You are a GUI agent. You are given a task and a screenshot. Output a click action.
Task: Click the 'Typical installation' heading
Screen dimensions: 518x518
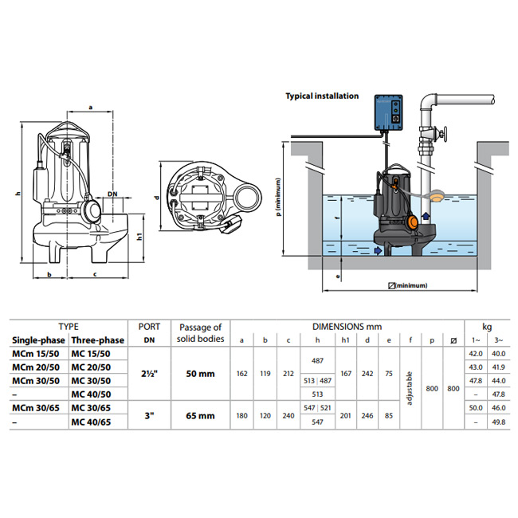(322, 96)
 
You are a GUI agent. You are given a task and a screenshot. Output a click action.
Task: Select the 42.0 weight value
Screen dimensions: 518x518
(476, 353)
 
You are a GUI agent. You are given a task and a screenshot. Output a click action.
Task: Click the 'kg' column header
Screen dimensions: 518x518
(487, 327)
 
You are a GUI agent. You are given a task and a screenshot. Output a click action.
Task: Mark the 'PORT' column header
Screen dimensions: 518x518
(149, 327)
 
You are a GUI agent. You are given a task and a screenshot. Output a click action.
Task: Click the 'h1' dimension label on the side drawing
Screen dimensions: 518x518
(139, 237)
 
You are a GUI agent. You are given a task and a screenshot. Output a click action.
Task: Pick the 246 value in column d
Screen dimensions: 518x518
(368, 414)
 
